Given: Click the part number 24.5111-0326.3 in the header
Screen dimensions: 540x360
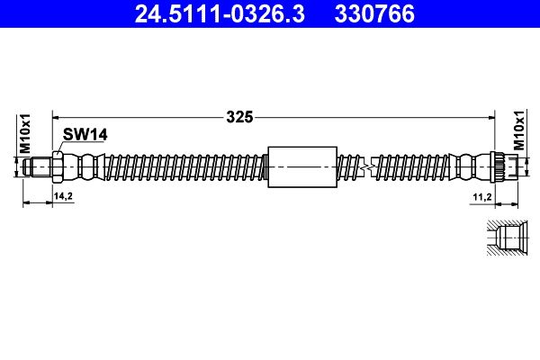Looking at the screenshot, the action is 220,13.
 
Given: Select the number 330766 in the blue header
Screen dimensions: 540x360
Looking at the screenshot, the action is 374,13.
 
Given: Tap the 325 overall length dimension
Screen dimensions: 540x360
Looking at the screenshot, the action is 239,117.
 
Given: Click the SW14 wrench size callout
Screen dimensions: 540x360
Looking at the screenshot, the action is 85,134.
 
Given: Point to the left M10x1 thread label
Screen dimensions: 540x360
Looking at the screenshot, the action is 25,134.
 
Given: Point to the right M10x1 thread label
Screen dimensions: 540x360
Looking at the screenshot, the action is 519,130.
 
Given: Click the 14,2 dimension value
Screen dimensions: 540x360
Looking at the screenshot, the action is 63,196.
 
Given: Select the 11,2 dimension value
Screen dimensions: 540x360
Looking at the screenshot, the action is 482,197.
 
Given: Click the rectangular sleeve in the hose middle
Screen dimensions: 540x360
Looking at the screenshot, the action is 302,167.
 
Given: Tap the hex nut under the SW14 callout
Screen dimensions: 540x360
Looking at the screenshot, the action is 58,167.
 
